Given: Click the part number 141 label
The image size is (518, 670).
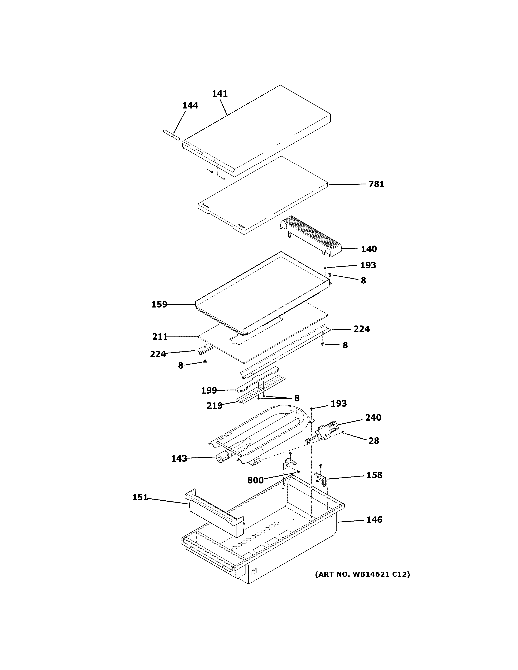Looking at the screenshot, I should coord(220,93).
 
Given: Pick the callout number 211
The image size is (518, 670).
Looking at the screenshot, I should coord(160,337).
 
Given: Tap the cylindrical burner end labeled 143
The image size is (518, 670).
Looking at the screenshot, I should coord(221,467).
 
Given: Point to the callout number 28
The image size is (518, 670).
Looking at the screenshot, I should coord(374,441).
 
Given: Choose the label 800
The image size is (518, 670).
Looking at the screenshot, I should coord(255,480).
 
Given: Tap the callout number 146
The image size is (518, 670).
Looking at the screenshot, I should coord(374,520).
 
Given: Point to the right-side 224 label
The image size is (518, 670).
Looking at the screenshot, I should coord(361,329).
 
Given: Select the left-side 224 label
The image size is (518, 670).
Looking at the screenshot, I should coord(158,354).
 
